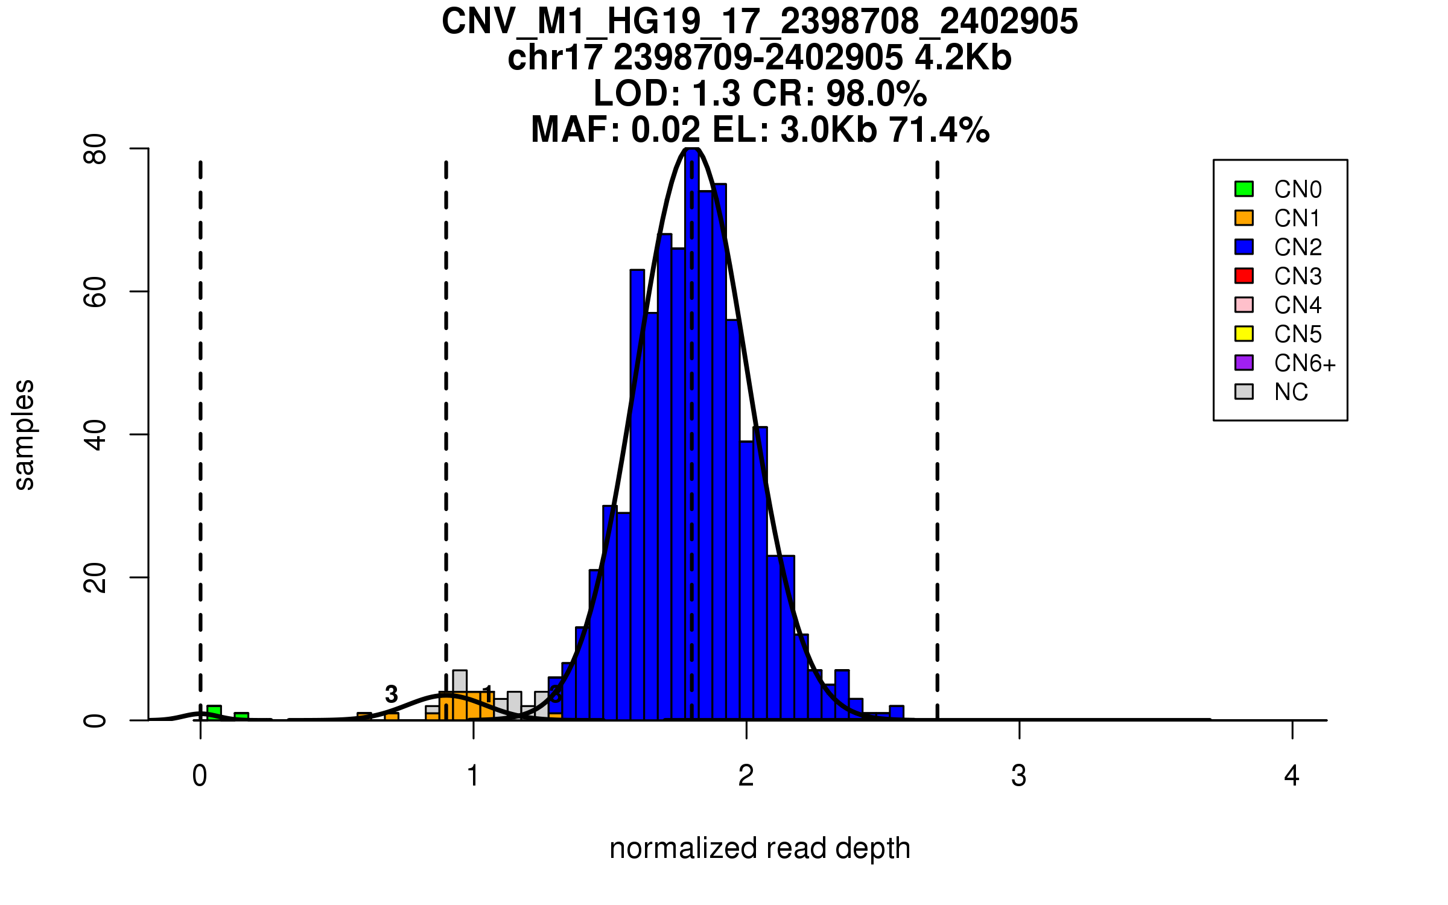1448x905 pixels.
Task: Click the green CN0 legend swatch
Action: tap(1244, 189)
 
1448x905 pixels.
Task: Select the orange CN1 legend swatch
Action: tap(1244, 218)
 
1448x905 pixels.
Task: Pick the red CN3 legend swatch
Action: tap(1244, 276)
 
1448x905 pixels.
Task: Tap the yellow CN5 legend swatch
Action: tap(1244, 334)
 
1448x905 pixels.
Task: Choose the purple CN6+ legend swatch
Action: tap(1244, 363)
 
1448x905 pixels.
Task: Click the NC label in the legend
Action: tap(1291, 392)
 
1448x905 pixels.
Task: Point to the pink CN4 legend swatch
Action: tap(1244, 305)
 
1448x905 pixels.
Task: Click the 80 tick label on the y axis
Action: tap(95, 149)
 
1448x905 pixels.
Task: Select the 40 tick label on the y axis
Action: tap(95, 434)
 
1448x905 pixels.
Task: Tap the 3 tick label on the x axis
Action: tap(1019, 776)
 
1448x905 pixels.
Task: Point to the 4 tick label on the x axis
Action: tap(1292, 776)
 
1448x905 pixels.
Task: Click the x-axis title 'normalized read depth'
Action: tap(760, 848)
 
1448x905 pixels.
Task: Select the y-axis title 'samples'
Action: tap(24, 434)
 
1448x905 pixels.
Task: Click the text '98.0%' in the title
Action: tap(876, 94)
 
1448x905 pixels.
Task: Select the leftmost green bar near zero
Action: tap(214, 713)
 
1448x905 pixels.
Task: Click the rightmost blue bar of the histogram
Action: tap(897, 713)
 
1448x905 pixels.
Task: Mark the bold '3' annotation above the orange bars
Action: tap(392, 694)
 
